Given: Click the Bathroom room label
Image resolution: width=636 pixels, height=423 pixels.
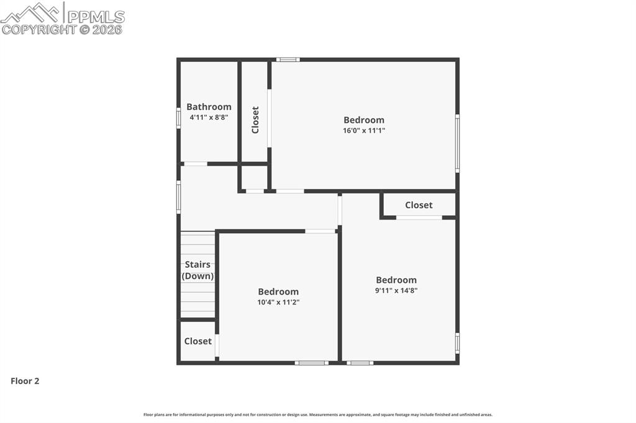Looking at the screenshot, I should point(209,107).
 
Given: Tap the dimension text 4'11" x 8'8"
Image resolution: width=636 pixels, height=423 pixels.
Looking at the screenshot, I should point(209,117).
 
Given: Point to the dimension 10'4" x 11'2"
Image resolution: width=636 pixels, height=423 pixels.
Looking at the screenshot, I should point(278,303).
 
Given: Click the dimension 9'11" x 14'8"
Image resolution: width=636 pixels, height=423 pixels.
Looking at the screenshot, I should point(396,290).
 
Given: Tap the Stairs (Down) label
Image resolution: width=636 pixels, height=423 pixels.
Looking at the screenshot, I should point(198,270).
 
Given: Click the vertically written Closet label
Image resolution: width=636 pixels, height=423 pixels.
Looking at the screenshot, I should point(255,120).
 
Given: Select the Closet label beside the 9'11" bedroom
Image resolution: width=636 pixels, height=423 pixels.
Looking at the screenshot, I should point(419,205).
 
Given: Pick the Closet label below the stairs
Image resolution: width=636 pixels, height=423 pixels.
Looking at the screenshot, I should point(198,341).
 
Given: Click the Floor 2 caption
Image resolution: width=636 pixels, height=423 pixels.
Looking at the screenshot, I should point(25,381).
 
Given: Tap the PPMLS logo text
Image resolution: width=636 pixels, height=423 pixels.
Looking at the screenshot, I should point(96,16).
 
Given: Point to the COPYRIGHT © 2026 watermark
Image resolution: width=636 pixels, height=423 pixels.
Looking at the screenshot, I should point(62,29).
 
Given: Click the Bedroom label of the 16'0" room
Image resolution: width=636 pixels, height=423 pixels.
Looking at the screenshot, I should point(364,120).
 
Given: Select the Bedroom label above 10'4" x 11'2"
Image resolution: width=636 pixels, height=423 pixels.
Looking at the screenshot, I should point(278,292).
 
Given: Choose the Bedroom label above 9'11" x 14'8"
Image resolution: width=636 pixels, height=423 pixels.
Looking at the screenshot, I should point(396,280).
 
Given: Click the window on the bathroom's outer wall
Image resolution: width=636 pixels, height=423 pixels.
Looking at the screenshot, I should point(178,118).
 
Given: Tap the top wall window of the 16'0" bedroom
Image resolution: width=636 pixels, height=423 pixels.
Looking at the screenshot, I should point(288,60).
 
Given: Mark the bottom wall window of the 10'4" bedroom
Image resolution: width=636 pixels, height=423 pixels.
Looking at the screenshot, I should point(311,363).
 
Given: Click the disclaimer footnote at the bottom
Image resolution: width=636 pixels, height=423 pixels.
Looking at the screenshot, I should point(318,415).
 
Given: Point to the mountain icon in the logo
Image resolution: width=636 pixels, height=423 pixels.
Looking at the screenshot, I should point(31,12).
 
